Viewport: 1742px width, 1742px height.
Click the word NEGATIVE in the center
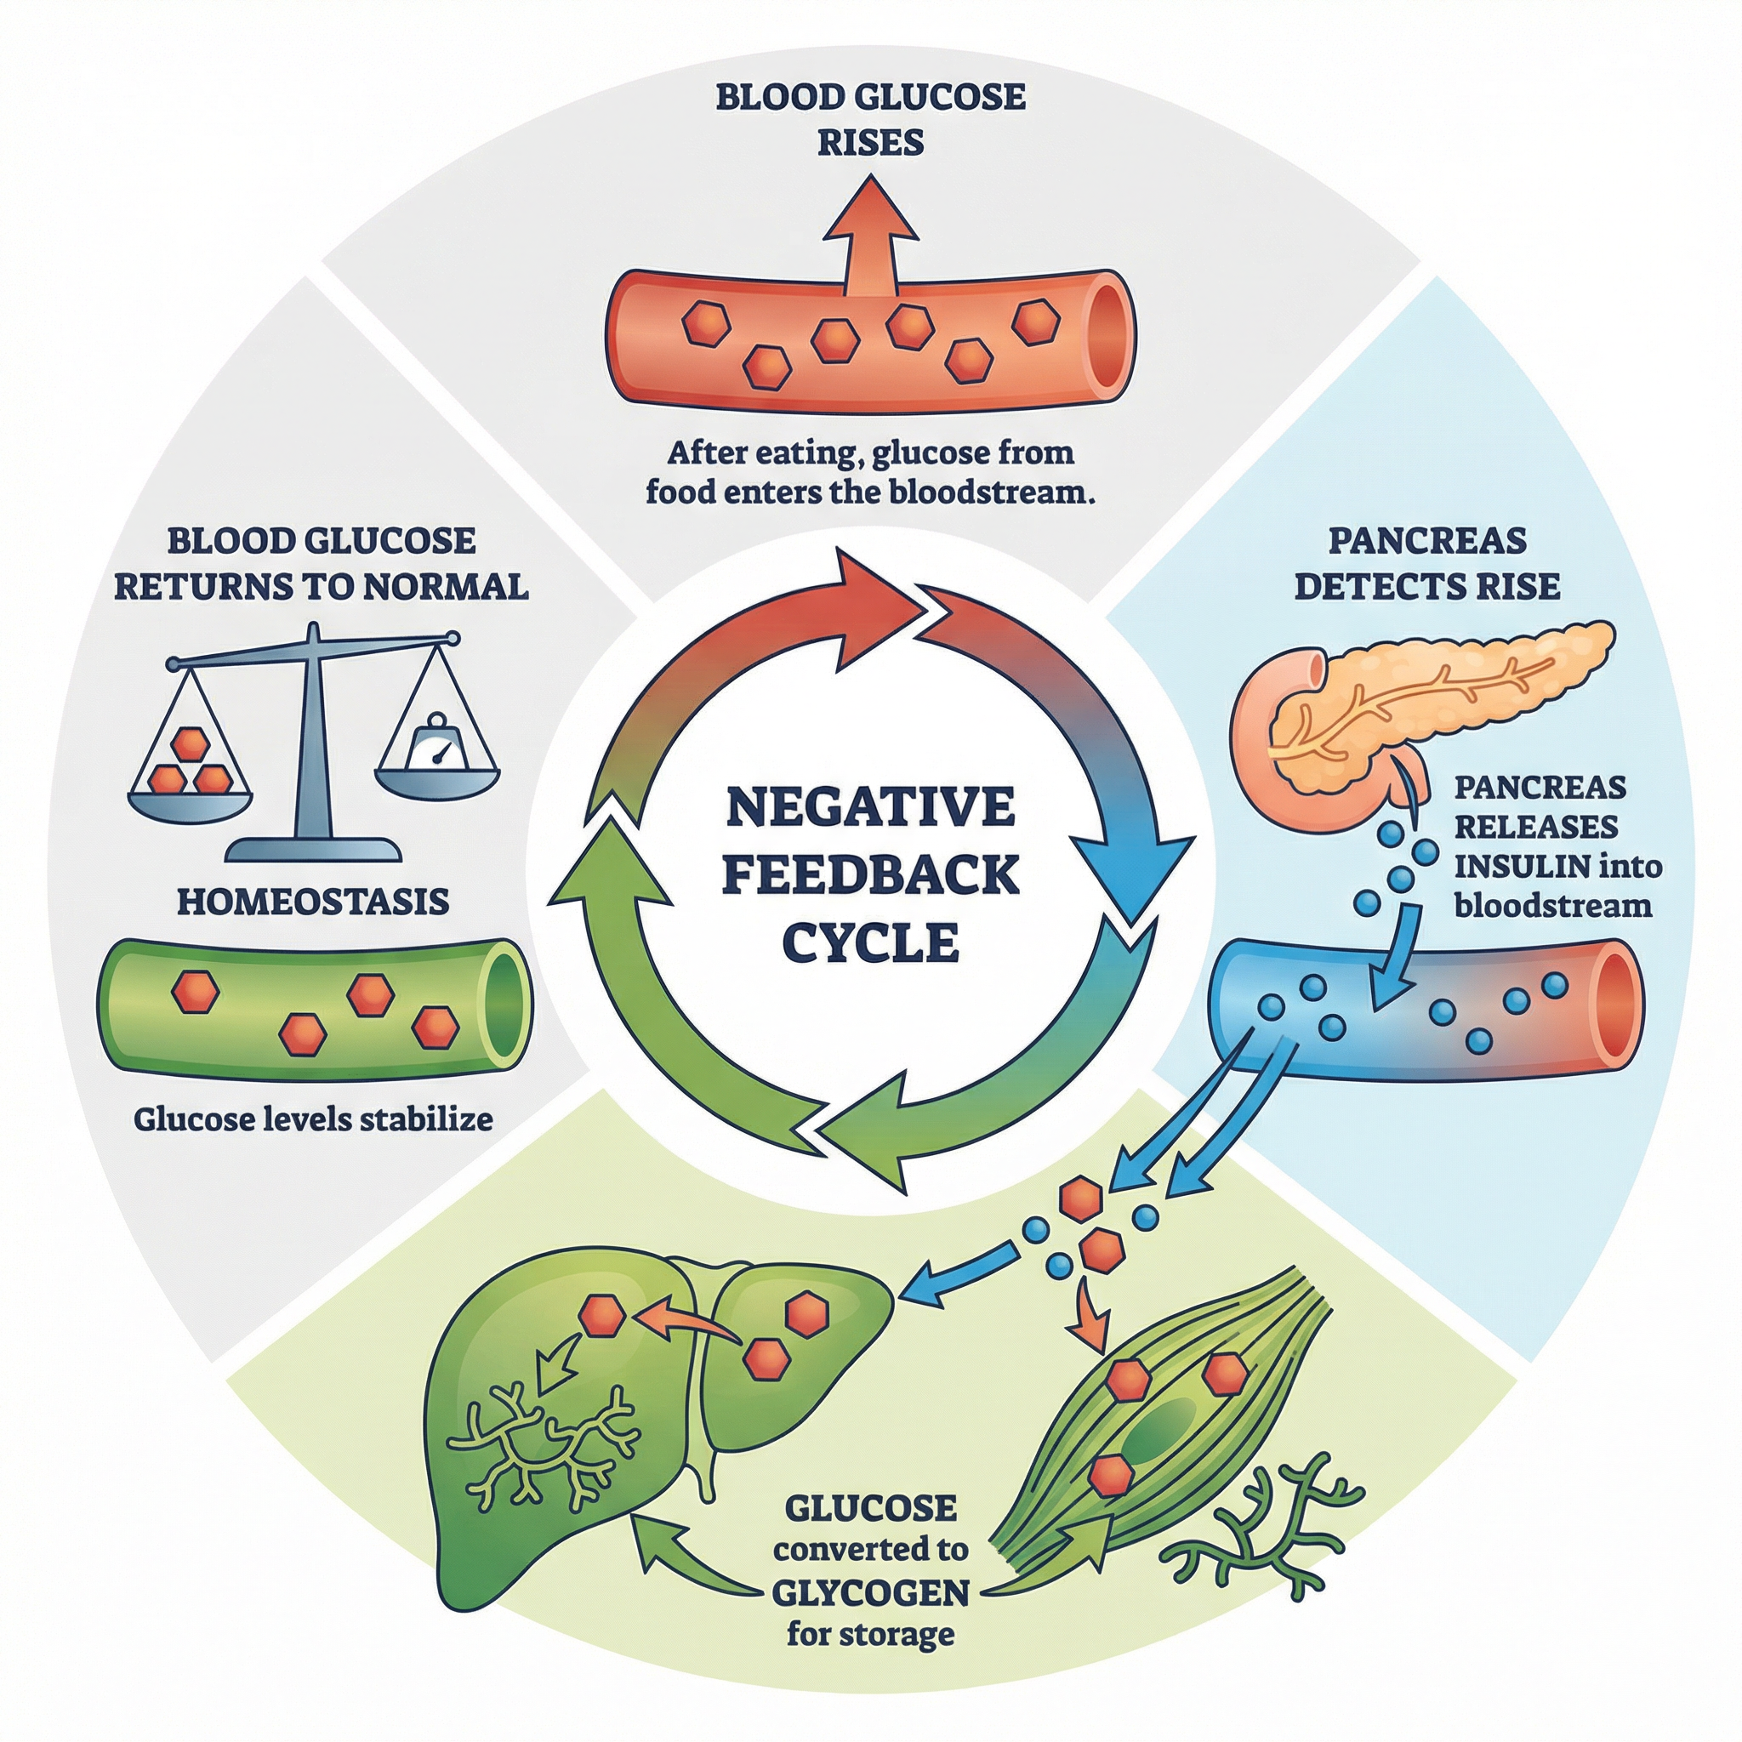(870, 807)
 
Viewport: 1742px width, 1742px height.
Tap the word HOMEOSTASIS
(313, 902)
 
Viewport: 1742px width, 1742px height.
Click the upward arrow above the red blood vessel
(871, 225)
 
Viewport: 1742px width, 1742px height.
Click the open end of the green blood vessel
(506, 1008)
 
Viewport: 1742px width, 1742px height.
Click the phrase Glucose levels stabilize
(313, 1120)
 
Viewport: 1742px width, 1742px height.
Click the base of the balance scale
(313, 850)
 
